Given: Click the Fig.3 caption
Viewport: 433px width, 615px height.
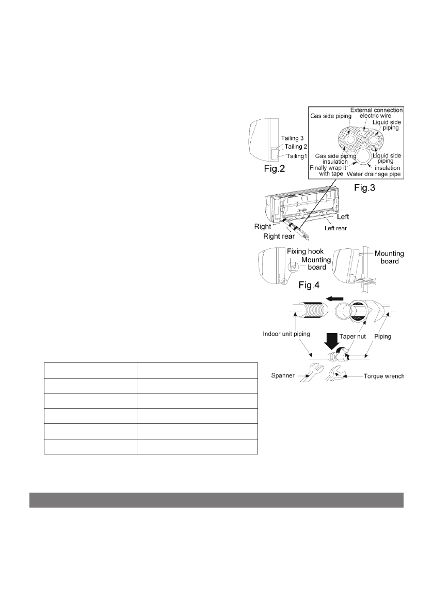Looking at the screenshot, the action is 364,188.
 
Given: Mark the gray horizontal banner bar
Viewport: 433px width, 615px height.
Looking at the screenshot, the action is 216,500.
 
